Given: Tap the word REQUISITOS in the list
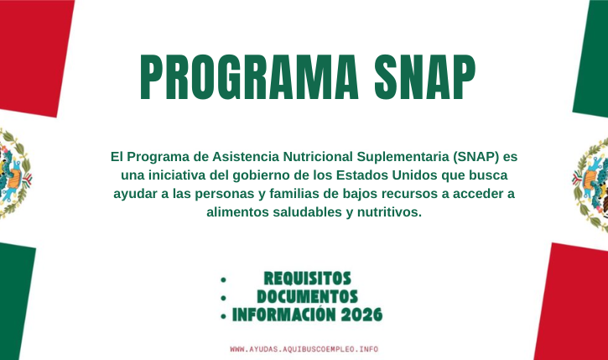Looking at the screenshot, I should (x=307, y=279).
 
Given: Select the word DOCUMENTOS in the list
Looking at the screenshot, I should (x=307, y=297).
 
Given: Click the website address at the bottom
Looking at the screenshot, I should (x=304, y=347).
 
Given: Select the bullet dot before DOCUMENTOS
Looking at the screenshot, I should (x=223, y=298).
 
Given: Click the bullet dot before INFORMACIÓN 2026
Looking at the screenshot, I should (x=223, y=316).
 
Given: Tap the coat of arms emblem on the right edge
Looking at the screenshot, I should (x=593, y=180).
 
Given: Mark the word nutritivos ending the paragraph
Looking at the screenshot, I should (x=387, y=212).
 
